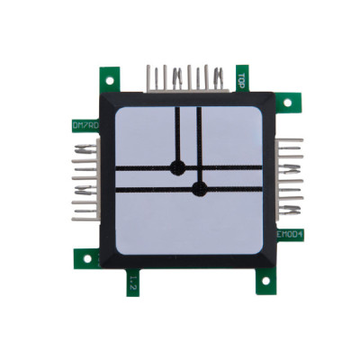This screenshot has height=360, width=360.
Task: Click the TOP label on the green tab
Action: pos(242,79)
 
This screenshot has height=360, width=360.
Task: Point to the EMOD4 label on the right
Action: pos(290,234)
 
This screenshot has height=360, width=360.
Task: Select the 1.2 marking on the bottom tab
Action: pos(131,283)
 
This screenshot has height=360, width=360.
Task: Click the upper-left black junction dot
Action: pos(177,166)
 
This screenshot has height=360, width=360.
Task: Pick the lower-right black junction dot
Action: pos(200,188)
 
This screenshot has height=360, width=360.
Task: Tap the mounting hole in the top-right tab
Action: pos(287,102)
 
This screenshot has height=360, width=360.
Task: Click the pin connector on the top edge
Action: pos(187,77)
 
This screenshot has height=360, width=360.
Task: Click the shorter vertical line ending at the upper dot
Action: pos(177,135)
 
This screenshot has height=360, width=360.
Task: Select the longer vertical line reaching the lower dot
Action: pos(200,144)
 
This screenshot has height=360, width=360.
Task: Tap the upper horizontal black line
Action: pos(225,167)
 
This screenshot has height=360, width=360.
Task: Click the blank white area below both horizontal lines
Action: pos(189,220)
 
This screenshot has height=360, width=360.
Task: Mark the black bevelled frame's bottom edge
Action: pos(189,261)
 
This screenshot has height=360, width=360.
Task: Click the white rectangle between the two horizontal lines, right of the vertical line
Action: pos(229,177)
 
